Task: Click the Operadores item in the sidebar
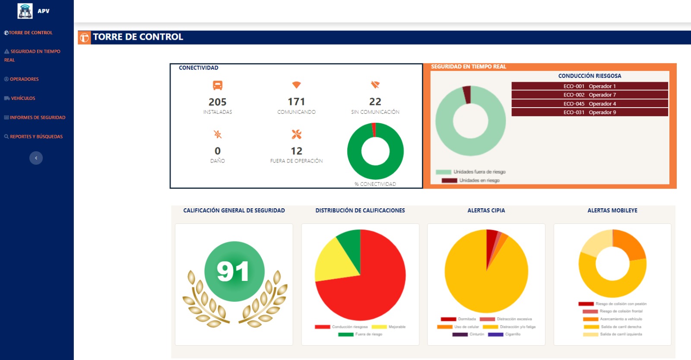click(24, 79)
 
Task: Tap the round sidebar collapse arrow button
click(36, 158)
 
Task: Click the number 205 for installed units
click(217, 102)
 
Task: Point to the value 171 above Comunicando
click(296, 102)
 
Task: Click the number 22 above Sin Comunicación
click(375, 102)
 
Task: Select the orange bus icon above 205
click(218, 85)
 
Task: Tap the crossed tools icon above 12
click(296, 134)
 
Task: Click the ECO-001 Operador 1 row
click(590, 86)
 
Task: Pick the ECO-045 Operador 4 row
click(590, 104)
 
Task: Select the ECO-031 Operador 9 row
click(590, 112)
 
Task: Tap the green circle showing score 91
click(234, 271)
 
